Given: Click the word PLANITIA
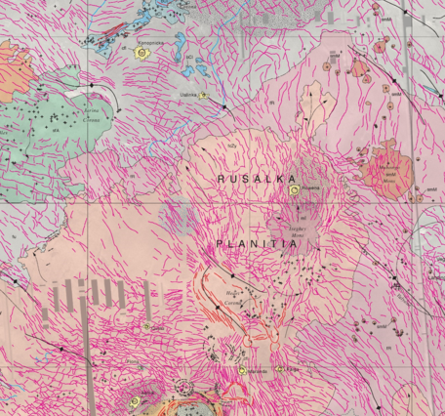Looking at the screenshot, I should pyautogui.click(x=256, y=245).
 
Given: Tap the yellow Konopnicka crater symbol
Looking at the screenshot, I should pyautogui.click(x=142, y=54).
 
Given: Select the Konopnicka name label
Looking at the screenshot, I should pyautogui.click(x=149, y=43).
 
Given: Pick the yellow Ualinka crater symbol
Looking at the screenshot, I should pyautogui.click(x=203, y=95).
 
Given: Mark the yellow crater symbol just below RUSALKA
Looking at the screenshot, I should pyautogui.click(x=294, y=190).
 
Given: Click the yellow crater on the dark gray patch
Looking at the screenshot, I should pyautogui.click(x=136, y=400).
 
